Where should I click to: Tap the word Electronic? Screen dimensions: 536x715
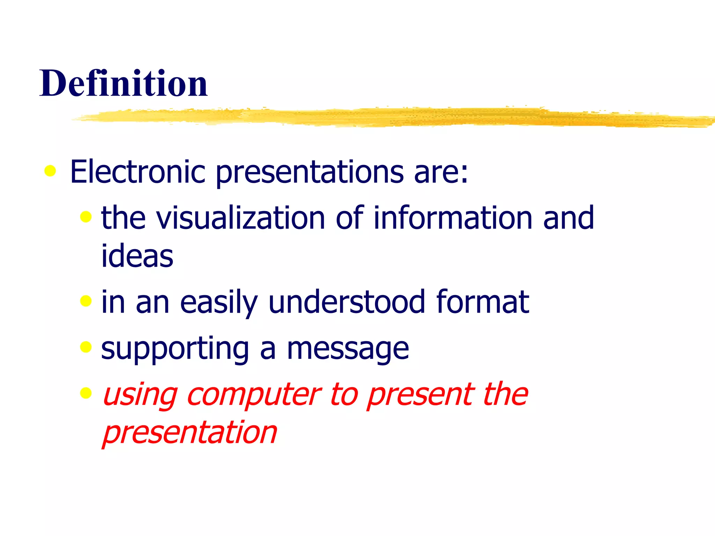tap(138, 172)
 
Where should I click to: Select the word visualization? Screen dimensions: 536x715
tap(241, 218)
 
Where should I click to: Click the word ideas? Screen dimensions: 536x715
tap(137, 256)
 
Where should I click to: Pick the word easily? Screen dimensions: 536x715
tap(219, 302)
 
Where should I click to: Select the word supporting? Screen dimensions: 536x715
tap(175, 349)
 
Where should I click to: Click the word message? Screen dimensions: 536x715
tap(348, 349)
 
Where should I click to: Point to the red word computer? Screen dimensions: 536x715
tap(254, 395)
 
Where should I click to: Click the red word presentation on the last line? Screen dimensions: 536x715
tap(190, 433)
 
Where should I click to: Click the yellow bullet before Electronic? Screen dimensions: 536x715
tap(50, 171)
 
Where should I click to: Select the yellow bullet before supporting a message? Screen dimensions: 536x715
tap(86, 347)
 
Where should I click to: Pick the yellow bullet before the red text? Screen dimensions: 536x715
tap(86, 393)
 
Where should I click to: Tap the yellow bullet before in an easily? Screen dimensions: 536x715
tap(86, 300)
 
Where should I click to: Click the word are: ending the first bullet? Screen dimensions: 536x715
tap(441, 172)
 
